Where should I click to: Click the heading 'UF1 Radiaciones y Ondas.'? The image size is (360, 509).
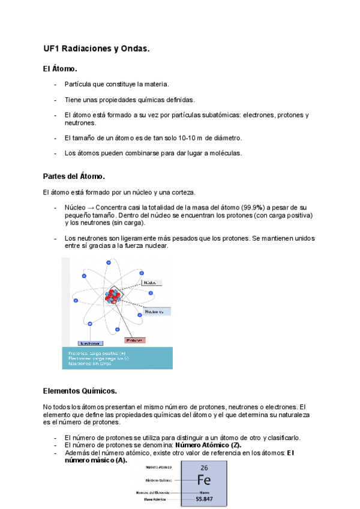click(96, 48)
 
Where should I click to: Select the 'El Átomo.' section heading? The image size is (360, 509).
click(60, 70)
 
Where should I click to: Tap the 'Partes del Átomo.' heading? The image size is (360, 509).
click(74, 176)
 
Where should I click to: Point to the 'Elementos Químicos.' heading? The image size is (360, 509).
click(80, 391)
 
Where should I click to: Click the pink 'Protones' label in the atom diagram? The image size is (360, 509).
click(134, 340)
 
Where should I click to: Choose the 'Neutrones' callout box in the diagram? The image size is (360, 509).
click(157, 312)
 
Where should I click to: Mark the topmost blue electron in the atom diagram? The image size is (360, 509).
click(109, 262)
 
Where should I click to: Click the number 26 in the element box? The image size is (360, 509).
click(204, 468)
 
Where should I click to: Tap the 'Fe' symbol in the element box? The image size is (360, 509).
click(204, 480)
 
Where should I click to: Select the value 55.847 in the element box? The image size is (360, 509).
click(204, 499)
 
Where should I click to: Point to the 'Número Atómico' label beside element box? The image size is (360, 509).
click(158, 466)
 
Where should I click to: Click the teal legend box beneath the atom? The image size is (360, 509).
click(117, 358)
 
